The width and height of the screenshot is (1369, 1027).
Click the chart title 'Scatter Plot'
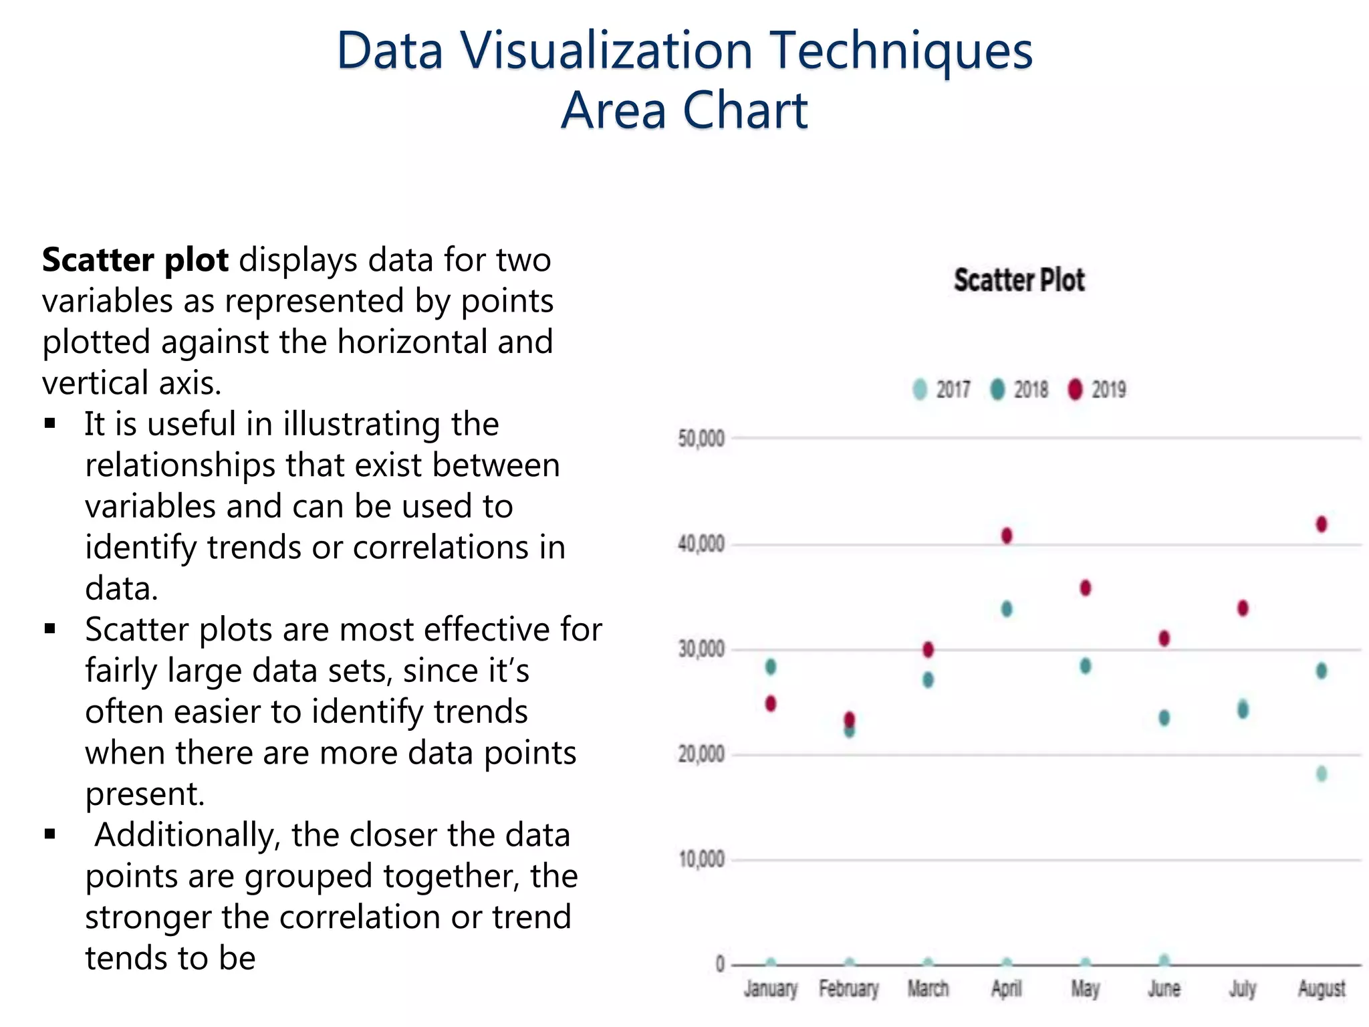[x=1019, y=279]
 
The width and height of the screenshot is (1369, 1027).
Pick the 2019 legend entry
[x=1098, y=389]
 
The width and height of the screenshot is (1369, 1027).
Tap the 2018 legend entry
[x=1020, y=389]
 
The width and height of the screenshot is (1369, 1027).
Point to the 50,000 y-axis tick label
[x=701, y=439]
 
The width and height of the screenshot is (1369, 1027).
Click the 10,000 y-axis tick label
[x=701, y=859]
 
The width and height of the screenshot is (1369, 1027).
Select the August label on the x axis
[x=1321, y=988]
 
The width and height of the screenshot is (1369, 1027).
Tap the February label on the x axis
[x=849, y=988]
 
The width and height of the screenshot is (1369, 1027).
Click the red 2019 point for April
[x=1007, y=536]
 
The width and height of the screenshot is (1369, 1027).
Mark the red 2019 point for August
[x=1322, y=524]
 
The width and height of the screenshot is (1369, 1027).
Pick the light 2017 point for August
[x=1322, y=774]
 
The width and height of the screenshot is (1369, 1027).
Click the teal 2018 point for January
[x=771, y=667]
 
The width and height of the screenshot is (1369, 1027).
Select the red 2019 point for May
[x=1086, y=588]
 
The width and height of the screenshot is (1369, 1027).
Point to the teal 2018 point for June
[x=1164, y=718]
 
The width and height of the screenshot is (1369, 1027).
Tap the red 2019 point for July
[x=1243, y=608]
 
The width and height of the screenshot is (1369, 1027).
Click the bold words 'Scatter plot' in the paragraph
[x=135, y=260]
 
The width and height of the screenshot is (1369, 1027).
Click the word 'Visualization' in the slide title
[x=606, y=51]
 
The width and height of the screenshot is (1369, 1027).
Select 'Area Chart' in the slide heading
[x=684, y=110]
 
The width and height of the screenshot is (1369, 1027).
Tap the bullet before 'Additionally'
[x=50, y=834]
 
